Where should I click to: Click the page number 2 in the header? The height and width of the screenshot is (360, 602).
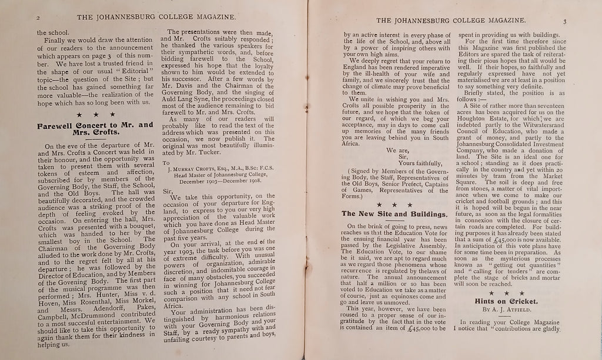(31, 19)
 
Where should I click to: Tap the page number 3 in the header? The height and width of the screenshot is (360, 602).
(563, 22)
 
